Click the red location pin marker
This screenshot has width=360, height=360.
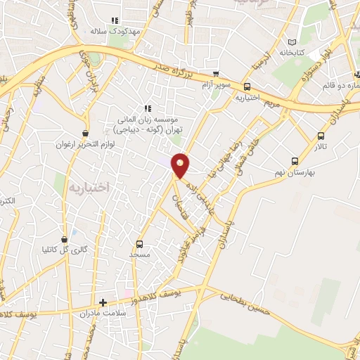pyautogui.click(x=181, y=165)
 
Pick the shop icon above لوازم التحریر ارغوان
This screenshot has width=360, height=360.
pyautogui.click(x=85, y=133)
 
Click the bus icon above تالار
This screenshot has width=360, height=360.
pyautogui.click(x=321, y=136)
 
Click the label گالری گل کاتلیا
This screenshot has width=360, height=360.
pyautogui.click(x=65, y=249)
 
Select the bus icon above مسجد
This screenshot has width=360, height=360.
pyautogui.click(x=139, y=245)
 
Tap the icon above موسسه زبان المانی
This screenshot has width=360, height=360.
pyautogui.click(x=148, y=108)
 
